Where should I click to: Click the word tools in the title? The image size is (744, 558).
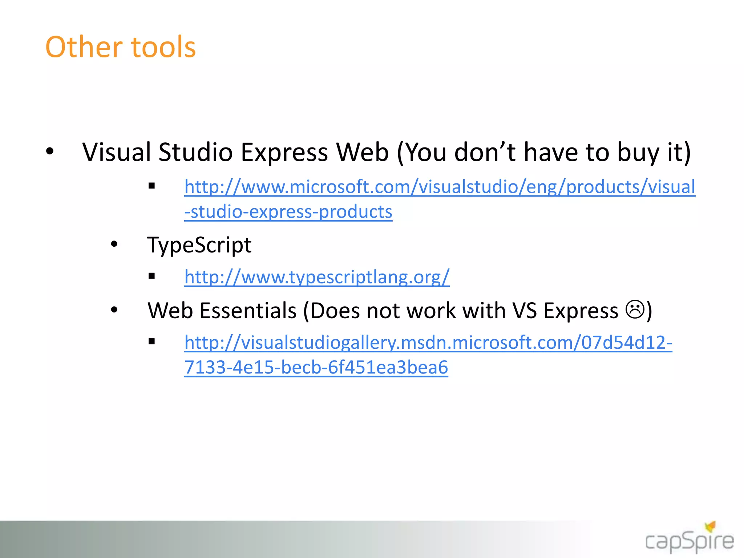click(x=163, y=47)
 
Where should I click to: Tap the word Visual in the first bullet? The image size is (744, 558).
click(x=116, y=152)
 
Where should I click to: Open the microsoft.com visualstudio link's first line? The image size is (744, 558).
click(x=440, y=187)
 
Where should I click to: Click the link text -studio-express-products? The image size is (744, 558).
click(x=288, y=212)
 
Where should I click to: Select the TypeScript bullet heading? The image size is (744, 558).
click(x=199, y=245)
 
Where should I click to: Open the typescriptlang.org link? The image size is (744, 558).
click(x=317, y=277)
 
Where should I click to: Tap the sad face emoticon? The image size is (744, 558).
click(x=635, y=310)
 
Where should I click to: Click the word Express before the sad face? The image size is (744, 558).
click(x=581, y=311)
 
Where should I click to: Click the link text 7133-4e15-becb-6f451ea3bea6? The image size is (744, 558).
click(x=316, y=367)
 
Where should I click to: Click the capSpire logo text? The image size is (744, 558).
click(x=689, y=542)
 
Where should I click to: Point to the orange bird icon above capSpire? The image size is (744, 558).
click(x=710, y=526)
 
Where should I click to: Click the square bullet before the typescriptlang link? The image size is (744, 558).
click(x=152, y=276)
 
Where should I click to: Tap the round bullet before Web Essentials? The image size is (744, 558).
click(x=114, y=310)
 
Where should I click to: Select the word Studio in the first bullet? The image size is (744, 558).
click(x=195, y=152)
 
